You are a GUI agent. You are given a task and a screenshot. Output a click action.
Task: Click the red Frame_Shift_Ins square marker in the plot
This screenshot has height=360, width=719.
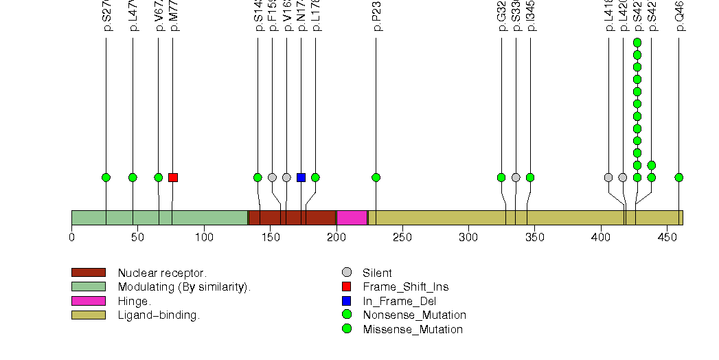[173, 177]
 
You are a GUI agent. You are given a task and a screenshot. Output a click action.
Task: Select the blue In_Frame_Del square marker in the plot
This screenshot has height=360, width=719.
[301, 177]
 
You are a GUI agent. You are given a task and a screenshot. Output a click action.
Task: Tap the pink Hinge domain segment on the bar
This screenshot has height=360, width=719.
[352, 218]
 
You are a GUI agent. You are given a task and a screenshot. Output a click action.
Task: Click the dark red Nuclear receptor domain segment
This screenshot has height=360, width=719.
[292, 218]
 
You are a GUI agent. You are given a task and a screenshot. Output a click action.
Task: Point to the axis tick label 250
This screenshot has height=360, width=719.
[402, 238]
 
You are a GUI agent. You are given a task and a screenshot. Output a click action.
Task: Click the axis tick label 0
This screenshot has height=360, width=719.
[71, 238]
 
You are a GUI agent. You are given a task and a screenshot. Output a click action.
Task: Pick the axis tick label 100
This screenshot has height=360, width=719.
[204, 238]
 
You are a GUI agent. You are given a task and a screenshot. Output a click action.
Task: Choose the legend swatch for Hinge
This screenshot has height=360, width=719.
[88, 301]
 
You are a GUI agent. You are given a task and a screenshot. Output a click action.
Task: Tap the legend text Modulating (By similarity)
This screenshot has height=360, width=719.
[184, 287]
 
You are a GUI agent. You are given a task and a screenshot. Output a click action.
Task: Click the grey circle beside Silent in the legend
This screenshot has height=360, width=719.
[347, 273]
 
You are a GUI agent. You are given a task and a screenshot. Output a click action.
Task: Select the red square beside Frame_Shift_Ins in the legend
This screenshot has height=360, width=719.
[347, 286]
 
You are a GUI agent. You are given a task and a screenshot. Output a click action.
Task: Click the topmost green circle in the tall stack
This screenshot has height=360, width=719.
[637, 43]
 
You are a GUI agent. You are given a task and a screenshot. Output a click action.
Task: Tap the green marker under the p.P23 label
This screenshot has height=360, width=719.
[376, 177]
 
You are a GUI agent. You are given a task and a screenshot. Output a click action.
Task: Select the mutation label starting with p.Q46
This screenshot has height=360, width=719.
[679, 17]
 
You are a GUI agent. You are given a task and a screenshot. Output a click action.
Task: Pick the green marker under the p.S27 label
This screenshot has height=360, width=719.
[106, 177]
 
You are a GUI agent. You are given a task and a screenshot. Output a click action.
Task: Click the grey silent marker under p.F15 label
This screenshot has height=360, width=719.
[272, 177]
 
